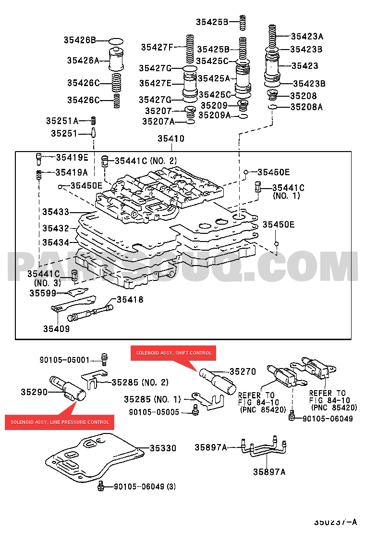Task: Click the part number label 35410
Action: pos(171,139)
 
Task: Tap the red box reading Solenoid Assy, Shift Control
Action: pos(173,353)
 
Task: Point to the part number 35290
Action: pos(34,392)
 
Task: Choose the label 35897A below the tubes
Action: pos(269,472)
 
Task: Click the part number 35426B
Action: pos(80,40)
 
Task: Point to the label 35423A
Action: pos(307,36)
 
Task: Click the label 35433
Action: pos(55,212)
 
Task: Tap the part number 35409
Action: pos(56,329)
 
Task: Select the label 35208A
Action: pos(306,107)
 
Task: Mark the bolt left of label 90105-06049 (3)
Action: pos(101,486)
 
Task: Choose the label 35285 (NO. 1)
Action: pos(152,399)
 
